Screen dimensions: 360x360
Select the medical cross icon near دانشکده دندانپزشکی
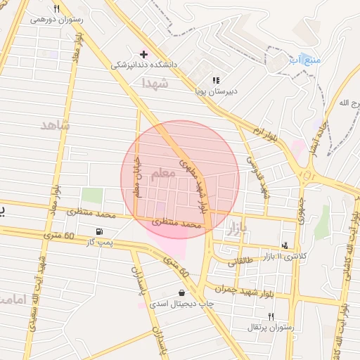tap(144, 53)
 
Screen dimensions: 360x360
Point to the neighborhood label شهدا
tap(155, 83)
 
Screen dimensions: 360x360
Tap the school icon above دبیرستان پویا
tap(216, 81)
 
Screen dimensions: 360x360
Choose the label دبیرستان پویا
tap(216, 91)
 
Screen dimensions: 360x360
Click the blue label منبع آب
tap(304, 61)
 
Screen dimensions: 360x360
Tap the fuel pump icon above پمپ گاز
tap(99, 232)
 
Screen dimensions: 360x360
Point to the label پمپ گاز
tap(99, 243)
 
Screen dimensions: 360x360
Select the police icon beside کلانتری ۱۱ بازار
tap(285, 245)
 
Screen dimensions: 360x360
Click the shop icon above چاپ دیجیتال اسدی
tap(183, 292)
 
